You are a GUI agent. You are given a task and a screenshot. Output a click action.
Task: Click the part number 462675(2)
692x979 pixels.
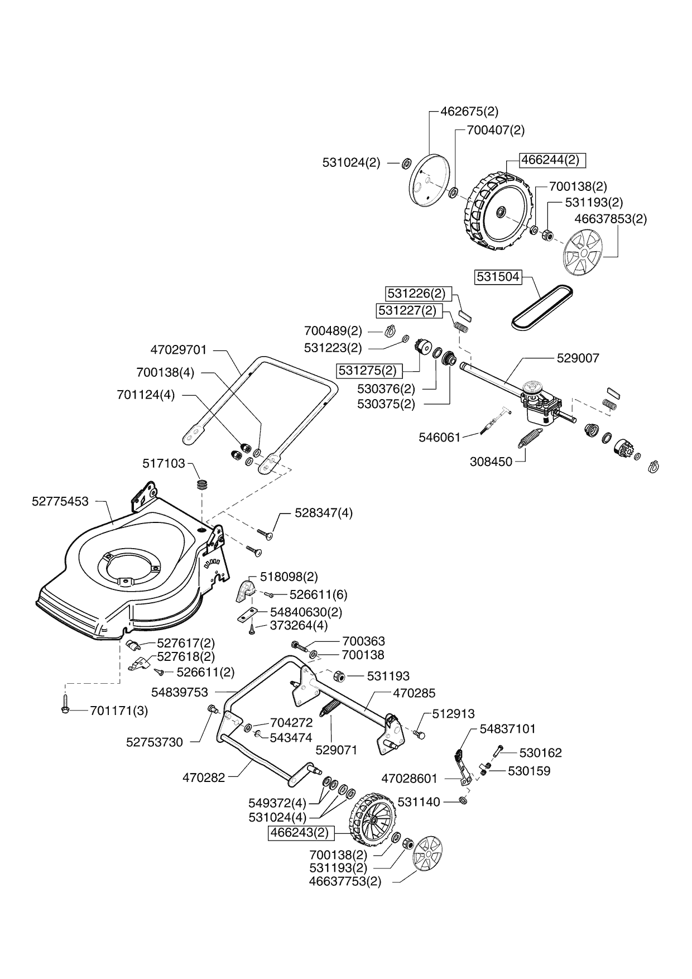click(x=469, y=111)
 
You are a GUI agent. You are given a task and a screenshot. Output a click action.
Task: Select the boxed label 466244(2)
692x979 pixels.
click(x=550, y=160)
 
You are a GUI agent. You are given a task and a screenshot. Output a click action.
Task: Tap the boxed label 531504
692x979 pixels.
click(x=498, y=276)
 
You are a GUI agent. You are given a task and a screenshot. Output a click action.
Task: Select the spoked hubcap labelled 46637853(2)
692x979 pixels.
click(x=582, y=253)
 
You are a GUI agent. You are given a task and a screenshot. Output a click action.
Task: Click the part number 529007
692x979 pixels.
click(x=578, y=358)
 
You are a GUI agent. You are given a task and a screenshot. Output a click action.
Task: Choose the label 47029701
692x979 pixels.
click(x=179, y=350)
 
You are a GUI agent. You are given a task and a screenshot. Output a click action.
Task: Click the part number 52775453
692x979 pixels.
click(x=60, y=501)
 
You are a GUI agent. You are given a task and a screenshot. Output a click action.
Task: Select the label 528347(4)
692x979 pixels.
click(x=324, y=512)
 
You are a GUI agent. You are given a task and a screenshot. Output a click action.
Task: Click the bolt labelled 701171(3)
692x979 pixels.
click(x=65, y=710)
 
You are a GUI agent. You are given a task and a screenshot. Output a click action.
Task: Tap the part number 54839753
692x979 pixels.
click(x=180, y=692)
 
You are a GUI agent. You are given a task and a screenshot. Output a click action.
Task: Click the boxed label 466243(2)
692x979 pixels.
click(x=302, y=833)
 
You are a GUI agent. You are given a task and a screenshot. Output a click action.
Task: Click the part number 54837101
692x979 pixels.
click(x=508, y=728)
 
